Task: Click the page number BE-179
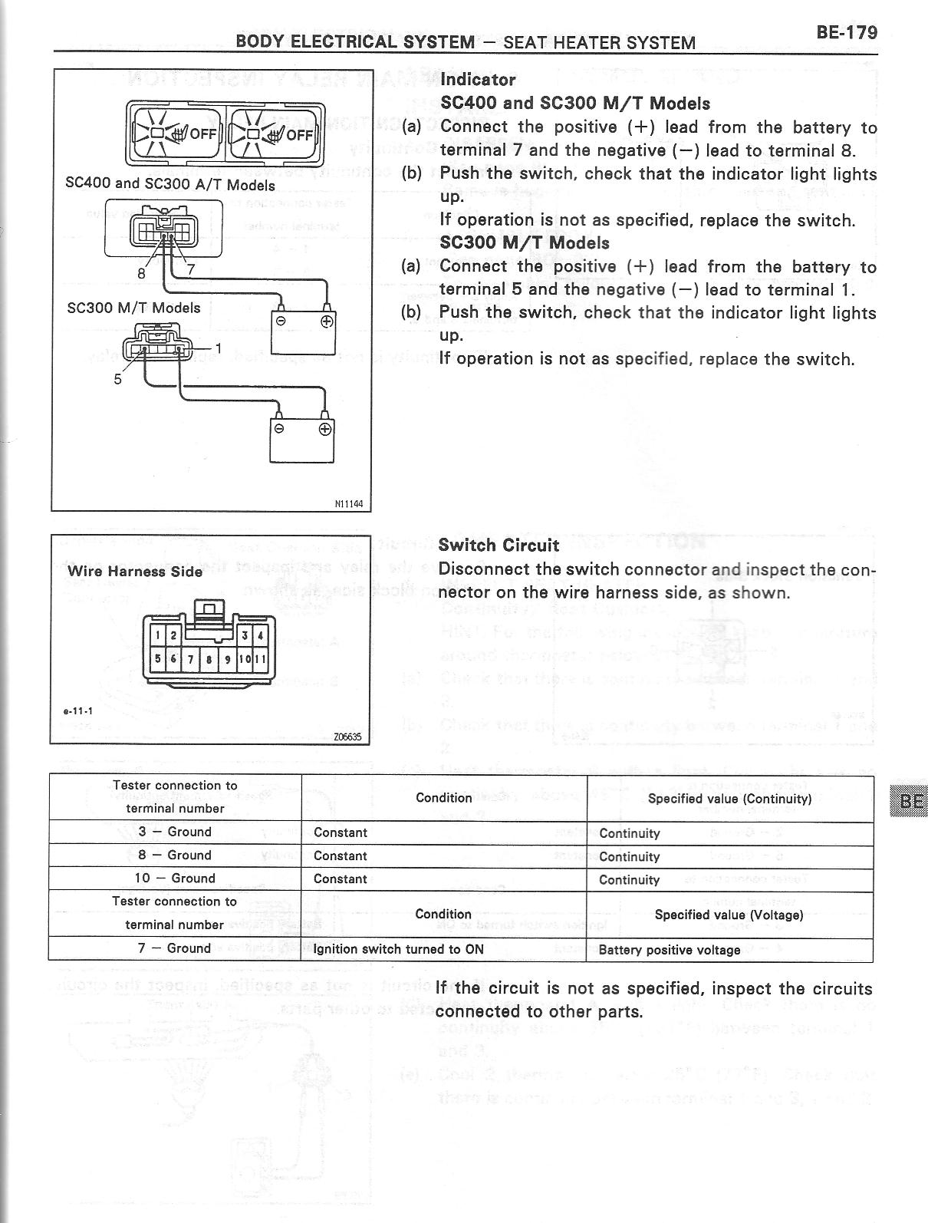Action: coord(846,31)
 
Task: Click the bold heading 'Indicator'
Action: coord(478,79)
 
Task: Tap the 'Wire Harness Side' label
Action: coord(135,571)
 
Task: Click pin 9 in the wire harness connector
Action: coord(228,658)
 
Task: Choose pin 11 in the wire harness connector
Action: coord(261,658)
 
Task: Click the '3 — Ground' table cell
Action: coord(175,832)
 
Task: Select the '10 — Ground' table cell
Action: coord(175,878)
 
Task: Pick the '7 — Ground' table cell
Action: coord(175,948)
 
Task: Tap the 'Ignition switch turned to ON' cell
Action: coord(399,949)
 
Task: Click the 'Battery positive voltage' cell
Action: coord(670,950)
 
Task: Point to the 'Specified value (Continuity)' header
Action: coord(729,799)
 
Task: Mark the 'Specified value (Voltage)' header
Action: coord(729,915)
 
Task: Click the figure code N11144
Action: coord(348,504)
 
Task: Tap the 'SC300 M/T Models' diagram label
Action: coord(134,308)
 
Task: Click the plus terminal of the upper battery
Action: coord(327,321)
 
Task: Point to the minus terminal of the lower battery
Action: coord(280,428)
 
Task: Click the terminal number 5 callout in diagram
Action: coord(117,378)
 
